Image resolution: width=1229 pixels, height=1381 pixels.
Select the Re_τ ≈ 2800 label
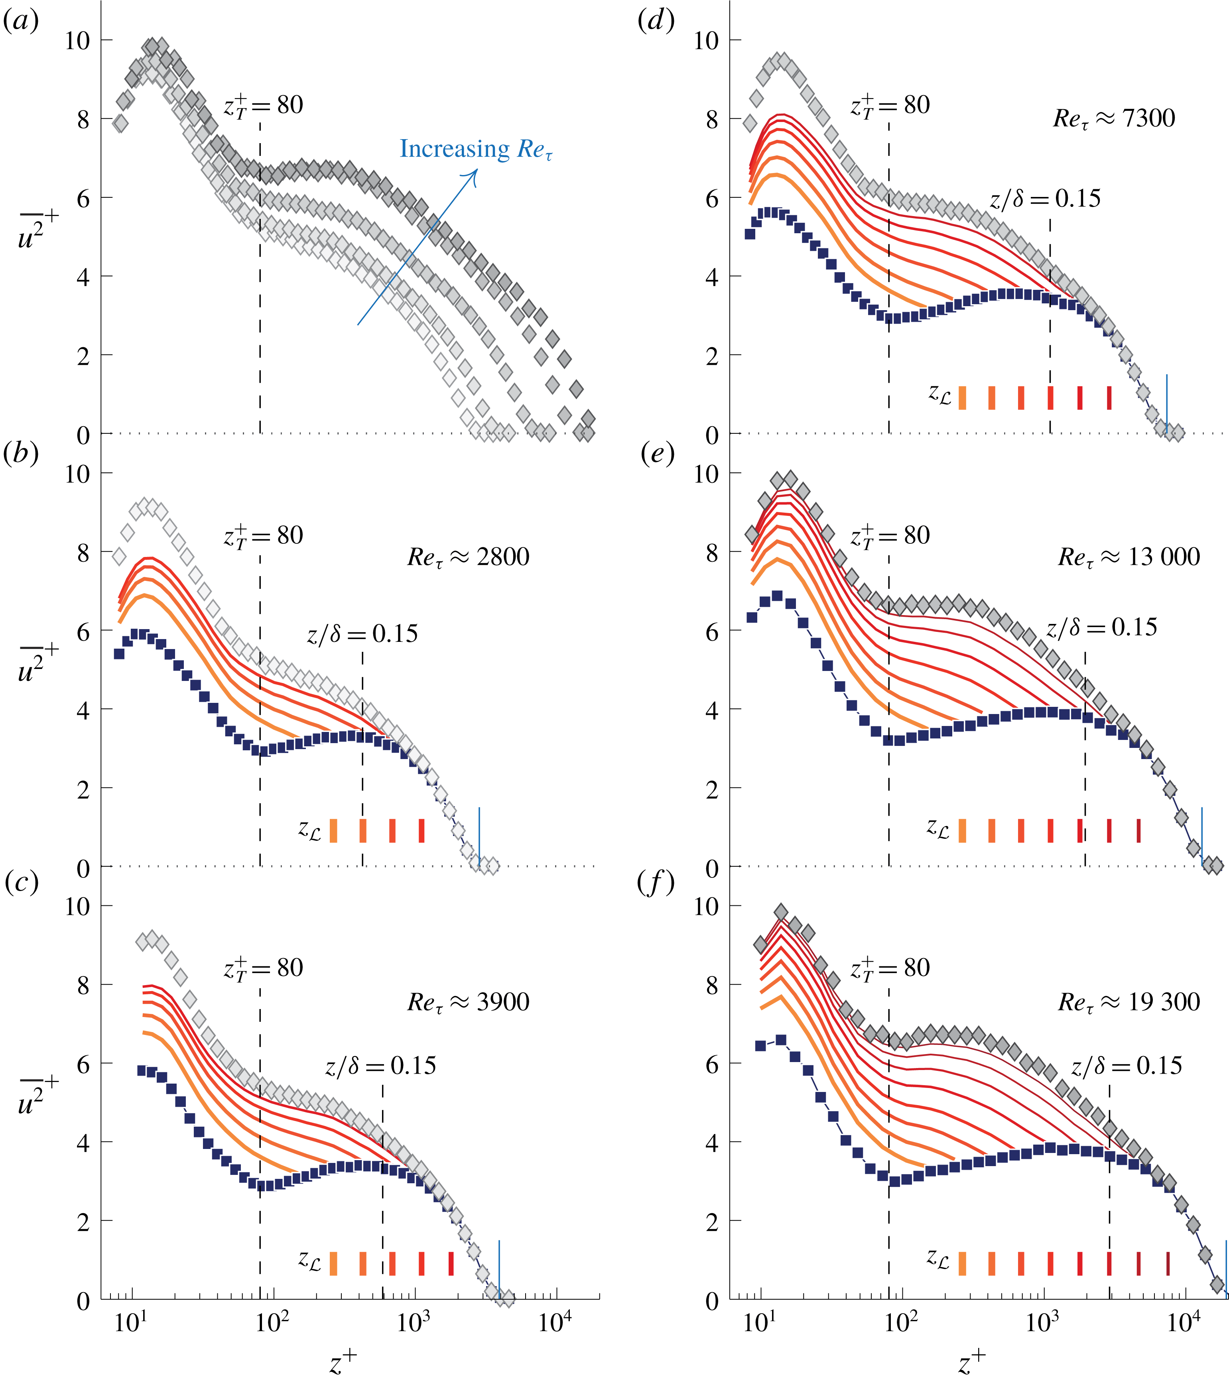468,557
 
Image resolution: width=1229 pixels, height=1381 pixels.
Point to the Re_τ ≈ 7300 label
1113,119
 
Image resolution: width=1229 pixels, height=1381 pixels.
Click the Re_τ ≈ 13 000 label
1129,557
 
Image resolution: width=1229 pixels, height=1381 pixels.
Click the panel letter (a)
21,21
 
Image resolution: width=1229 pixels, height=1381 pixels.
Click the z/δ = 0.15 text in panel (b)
363,634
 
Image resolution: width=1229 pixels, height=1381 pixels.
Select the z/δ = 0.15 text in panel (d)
1045,199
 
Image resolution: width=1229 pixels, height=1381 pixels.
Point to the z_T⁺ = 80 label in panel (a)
264,106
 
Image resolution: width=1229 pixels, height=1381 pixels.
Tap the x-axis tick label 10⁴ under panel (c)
555,1322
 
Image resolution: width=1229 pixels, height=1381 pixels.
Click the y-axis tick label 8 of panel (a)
83,120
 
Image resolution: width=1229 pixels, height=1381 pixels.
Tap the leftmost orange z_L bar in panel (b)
333,830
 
